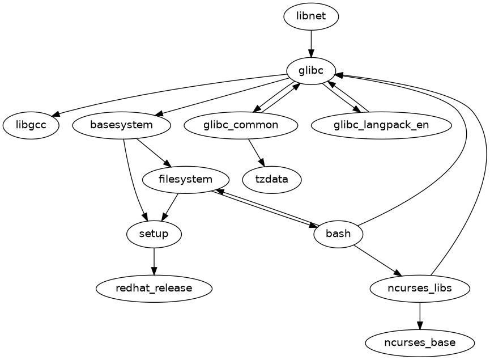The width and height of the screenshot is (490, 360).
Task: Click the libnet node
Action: point(311,16)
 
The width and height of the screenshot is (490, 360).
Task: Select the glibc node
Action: point(310,71)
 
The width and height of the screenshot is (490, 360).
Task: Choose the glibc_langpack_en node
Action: point(381,125)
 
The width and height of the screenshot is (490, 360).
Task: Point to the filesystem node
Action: point(186,180)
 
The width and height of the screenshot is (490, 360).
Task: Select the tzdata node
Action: point(272,180)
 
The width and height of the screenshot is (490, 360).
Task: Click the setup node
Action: point(154,234)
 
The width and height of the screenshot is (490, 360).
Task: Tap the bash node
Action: point(338,234)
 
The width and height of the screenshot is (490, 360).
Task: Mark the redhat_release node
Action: point(154,288)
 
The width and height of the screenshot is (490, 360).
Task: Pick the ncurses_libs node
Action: point(420,288)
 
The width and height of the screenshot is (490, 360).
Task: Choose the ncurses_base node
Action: point(420,342)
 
